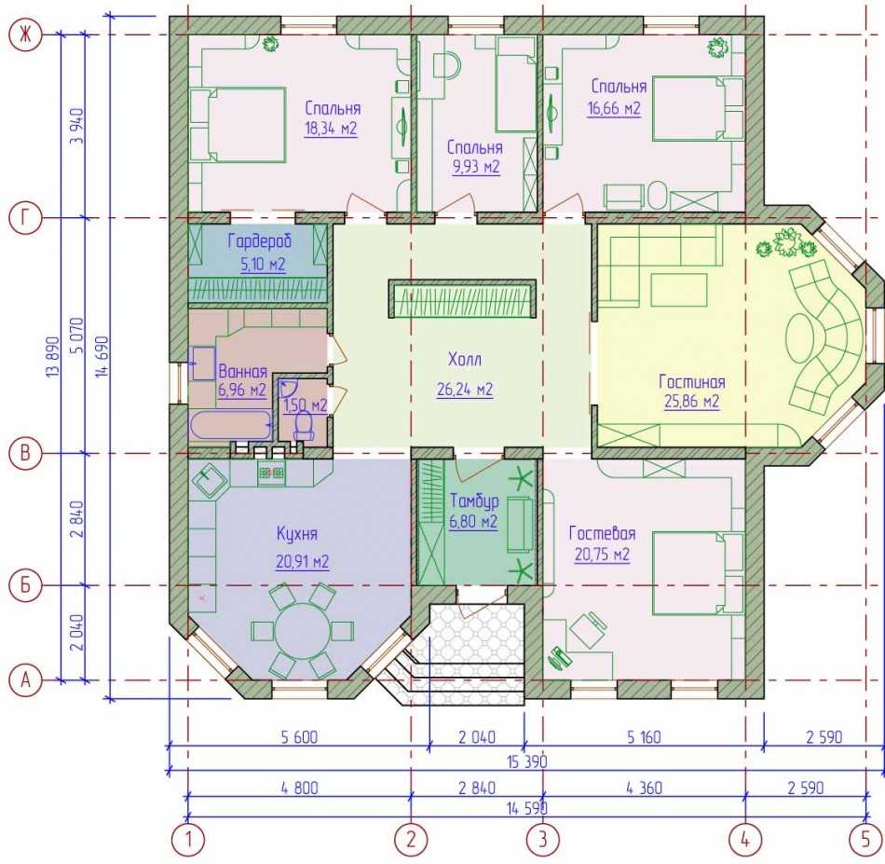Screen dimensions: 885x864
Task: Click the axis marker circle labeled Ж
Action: tap(25, 35)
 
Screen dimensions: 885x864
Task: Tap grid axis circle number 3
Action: tap(543, 839)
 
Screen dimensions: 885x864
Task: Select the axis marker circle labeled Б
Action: tap(25, 585)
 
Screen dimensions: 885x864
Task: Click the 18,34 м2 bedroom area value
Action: tap(331, 129)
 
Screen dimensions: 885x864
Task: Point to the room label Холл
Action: tap(465, 359)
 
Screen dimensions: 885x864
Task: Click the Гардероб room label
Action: tap(260, 241)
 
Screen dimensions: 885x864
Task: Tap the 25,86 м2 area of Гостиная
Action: tap(691, 402)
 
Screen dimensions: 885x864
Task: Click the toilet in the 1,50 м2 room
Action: tap(304, 425)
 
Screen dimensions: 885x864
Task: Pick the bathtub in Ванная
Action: tap(230, 425)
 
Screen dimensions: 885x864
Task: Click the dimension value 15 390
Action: tap(526, 761)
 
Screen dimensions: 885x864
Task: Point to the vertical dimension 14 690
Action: tap(103, 356)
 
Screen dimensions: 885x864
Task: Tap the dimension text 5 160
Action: tap(644, 737)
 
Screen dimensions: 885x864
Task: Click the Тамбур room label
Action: tap(474, 501)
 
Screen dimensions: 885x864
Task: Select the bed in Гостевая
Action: tap(698, 573)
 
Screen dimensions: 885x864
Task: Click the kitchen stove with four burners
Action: tap(271, 473)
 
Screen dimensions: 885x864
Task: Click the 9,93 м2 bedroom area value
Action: tap(476, 167)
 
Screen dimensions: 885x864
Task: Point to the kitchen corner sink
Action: tap(210, 481)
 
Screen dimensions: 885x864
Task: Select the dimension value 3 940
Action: tap(77, 126)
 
